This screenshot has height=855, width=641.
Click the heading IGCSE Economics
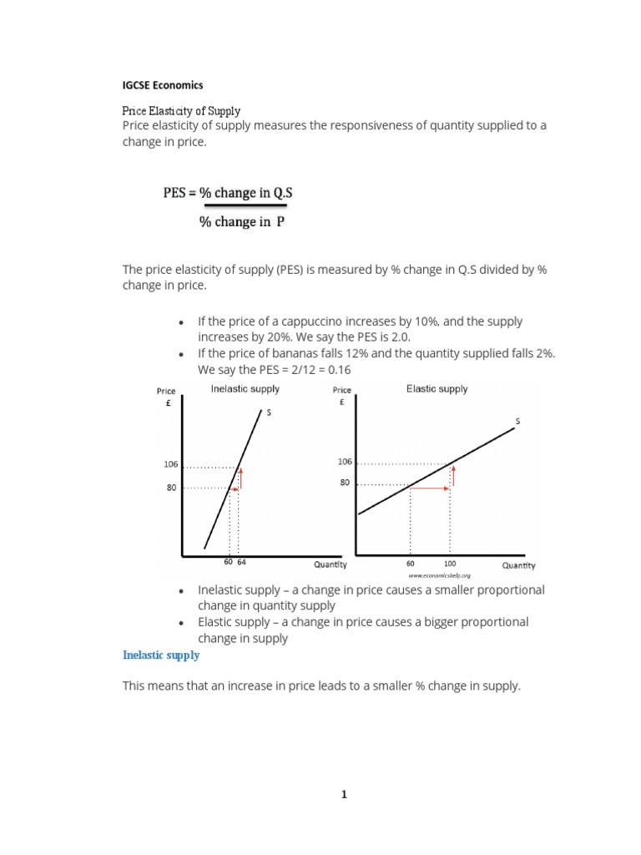point(163,85)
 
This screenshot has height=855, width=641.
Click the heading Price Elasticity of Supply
point(181,110)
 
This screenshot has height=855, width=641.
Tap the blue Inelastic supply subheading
point(161,655)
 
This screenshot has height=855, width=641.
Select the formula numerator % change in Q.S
point(228,193)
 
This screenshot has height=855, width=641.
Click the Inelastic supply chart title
point(245,389)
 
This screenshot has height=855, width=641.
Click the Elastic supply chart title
point(437,389)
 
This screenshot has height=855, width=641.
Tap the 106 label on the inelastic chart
point(170,465)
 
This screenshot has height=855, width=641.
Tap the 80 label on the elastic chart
point(345,483)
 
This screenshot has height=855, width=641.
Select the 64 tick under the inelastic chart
point(241,563)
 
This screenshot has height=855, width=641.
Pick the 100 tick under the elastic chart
point(450,564)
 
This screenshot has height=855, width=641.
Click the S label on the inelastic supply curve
point(268,412)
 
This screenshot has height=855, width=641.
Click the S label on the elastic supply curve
point(517,422)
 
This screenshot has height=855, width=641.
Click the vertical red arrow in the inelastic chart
point(240,478)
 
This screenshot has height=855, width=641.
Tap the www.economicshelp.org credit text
point(440,575)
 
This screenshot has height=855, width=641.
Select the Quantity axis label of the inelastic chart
point(331,564)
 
